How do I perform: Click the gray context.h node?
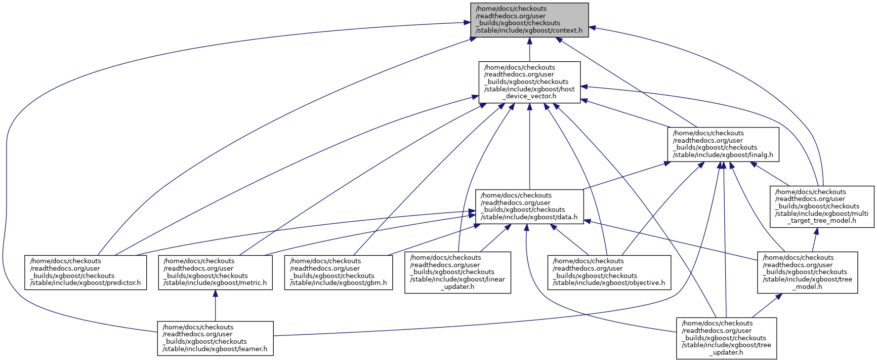529,19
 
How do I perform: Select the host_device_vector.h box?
529,82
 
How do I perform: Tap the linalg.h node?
723,144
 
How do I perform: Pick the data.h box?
529,206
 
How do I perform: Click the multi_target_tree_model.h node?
822,206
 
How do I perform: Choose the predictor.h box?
85,272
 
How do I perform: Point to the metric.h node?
215,272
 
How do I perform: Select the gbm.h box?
338,272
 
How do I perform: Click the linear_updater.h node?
458,272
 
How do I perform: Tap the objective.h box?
609,272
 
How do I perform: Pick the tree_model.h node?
807,272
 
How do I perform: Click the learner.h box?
215,338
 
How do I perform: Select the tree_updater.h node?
726,338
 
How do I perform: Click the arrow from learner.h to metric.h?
215,306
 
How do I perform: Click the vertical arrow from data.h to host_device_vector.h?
529,148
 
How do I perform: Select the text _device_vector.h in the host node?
529,96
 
